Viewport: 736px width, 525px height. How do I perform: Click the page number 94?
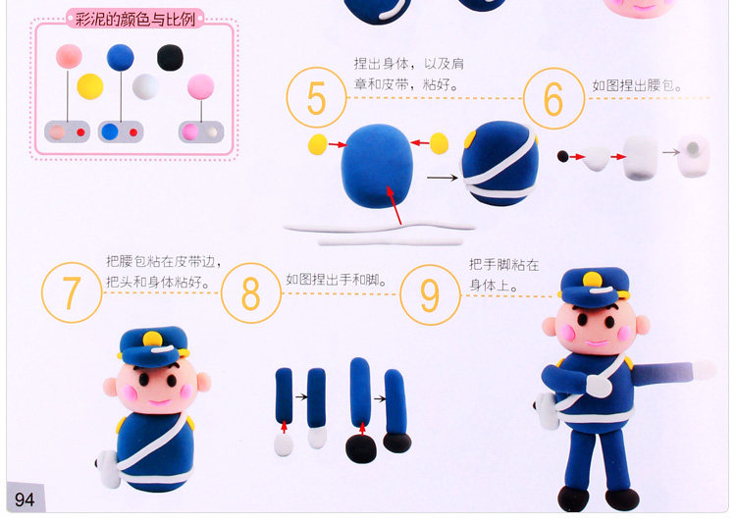(x=25, y=499)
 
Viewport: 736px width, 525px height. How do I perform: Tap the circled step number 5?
(x=316, y=98)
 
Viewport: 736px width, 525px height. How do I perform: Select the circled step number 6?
(x=553, y=99)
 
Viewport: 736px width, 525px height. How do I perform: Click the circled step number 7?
(x=72, y=292)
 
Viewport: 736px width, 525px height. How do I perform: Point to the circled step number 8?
(x=251, y=293)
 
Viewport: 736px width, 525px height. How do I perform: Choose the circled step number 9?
(x=430, y=295)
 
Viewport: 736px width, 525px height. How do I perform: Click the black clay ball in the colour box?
(x=170, y=58)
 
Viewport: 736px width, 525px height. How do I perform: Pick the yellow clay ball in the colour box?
(x=90, y=86)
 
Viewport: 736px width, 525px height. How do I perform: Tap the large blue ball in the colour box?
(x=120, y=58)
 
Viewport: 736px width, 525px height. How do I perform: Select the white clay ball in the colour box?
(x=145, y=86)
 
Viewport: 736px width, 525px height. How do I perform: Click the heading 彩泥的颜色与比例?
(x=135, y=20)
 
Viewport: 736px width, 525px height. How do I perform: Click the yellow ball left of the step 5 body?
(x=318, y=144)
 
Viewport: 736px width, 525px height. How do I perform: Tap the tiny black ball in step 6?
(x=563, y=156)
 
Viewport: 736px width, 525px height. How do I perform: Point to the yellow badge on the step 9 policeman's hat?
(x=593, y=280)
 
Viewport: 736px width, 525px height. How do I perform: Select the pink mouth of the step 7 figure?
(x=160, y=402)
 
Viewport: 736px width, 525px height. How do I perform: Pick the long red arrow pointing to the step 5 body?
(x=394, y=205)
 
